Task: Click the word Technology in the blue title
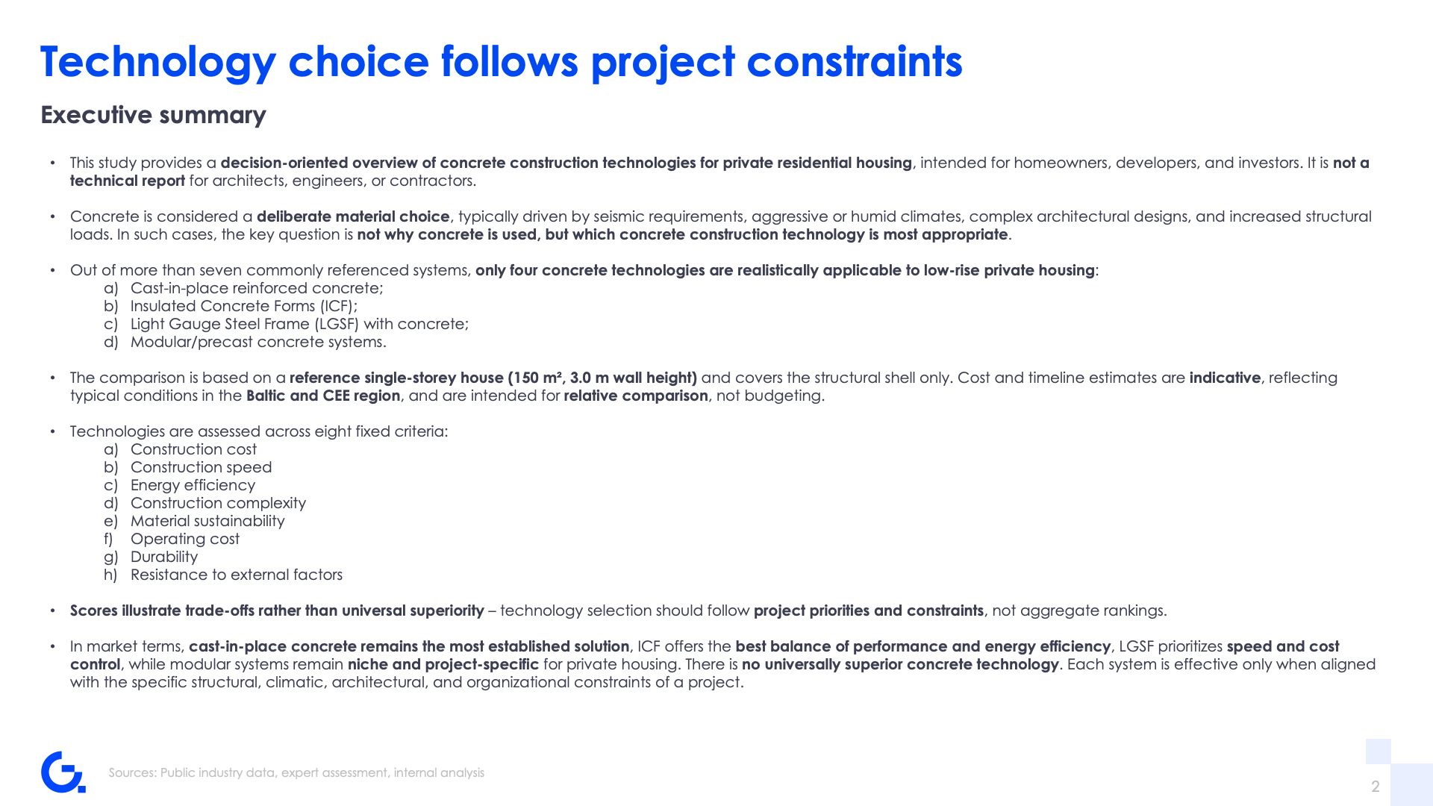(158, 62)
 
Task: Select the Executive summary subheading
(153, 115)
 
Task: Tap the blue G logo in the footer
(63, 772)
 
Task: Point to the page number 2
(1376, 786)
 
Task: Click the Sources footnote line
(296, 772)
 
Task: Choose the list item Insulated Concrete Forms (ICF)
(244, 306)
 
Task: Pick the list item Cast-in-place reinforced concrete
(257, 288)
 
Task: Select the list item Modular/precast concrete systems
(258, 342)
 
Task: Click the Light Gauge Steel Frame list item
(299, 324)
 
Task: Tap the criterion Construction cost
(193, 449)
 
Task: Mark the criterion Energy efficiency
(193, 485)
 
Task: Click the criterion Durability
(164, 557)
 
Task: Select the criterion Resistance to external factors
(237, 575)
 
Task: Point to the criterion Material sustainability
(207, 521)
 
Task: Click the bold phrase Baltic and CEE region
(323, 396)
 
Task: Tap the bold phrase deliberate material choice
(353, 216)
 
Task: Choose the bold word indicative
(1225, 378)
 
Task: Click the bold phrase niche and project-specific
(443, 664)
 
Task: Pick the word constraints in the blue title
(855, 62)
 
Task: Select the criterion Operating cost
(185, 539)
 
